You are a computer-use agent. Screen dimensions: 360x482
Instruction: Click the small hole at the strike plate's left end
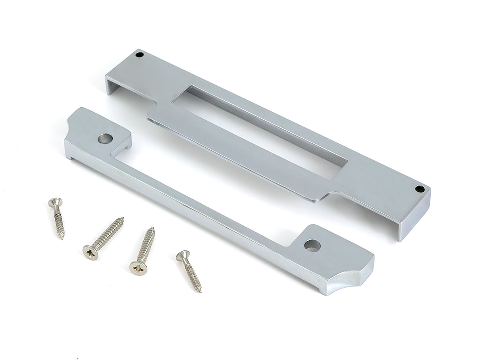click(x=139, y=55)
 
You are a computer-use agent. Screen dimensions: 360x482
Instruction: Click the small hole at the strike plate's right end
click(x=418, y=189)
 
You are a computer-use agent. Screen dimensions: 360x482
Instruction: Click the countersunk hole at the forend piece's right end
click(x=312, y=245)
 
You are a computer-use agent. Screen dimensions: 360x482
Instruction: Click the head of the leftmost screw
click(x=55, y=203)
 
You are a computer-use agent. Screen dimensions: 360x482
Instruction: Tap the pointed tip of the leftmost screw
click(x=62, y=239)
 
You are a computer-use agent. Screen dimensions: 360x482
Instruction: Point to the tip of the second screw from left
click(x=123, y=218)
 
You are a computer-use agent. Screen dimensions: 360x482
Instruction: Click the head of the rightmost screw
click(x=183, y=256)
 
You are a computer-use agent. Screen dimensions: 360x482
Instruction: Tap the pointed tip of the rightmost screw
click(x=200, y=292)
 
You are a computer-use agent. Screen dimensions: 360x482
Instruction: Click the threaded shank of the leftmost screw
click(x=59, y=222)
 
